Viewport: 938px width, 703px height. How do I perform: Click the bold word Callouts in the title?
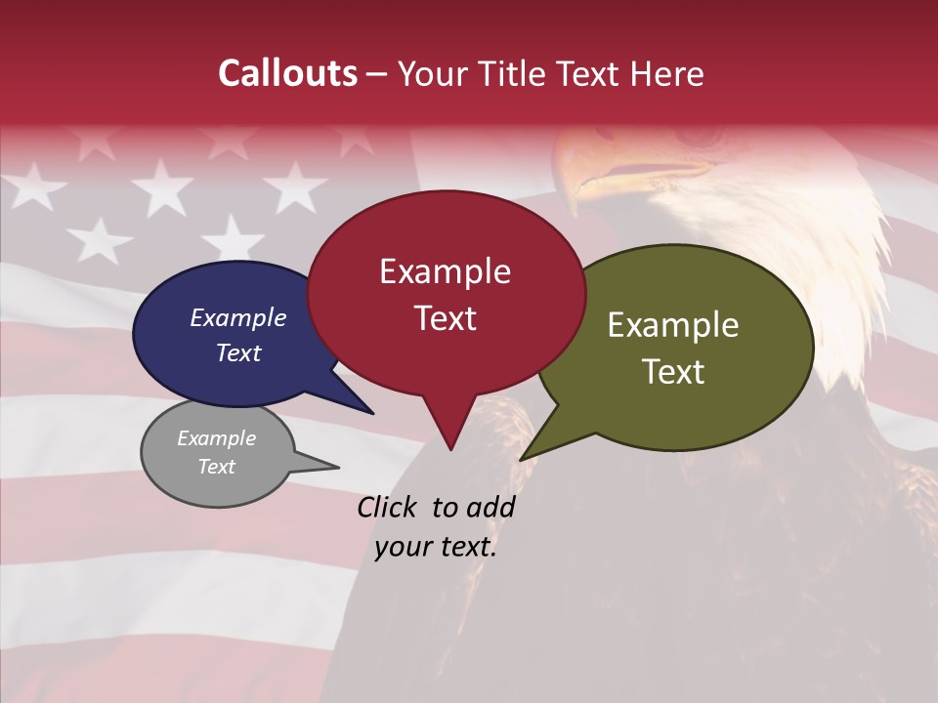pos(287,73)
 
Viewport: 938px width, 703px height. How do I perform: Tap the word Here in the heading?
pos(665,73)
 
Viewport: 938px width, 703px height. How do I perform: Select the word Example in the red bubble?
pos(445,271)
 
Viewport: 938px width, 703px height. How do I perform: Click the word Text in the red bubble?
pos(445,318)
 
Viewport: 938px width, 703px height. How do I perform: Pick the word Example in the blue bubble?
pos(237,317)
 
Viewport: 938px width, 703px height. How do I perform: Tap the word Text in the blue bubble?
pos(237,352)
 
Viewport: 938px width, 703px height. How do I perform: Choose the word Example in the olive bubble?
pos(673,325)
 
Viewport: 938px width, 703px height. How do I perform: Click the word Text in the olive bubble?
pos(673,372)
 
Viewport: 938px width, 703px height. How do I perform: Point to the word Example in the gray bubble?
pos(216,438)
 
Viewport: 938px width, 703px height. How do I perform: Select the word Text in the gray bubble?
pos(216,467)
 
